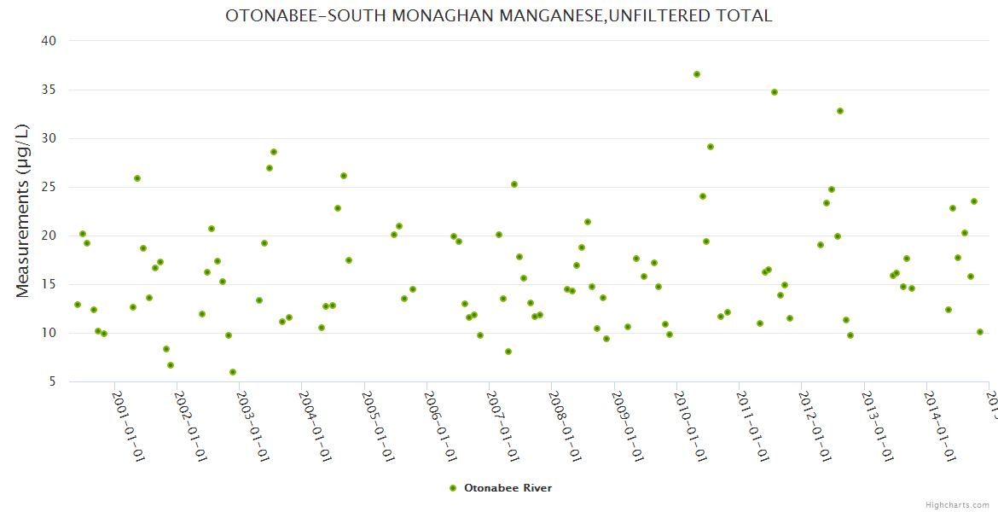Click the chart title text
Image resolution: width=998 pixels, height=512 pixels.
(499, 15)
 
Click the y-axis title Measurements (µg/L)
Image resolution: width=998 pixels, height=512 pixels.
(23, 211)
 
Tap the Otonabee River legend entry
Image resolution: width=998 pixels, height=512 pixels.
(501, 488)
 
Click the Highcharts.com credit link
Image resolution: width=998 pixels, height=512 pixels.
(957, 504)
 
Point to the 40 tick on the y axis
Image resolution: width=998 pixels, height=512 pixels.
(49, 41)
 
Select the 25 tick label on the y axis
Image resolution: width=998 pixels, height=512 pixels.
(49, 187)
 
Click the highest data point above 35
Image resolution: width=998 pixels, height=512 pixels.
(697, 74)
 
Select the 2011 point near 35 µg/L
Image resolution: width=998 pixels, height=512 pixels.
(775, 92)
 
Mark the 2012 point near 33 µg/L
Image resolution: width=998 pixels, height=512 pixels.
(840, 111)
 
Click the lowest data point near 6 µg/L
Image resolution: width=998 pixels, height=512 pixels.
(233, 372)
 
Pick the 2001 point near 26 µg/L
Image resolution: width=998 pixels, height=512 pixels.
(137, 178)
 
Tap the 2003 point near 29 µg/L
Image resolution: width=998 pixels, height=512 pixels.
(274, 152)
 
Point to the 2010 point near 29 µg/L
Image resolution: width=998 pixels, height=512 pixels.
(711, 147)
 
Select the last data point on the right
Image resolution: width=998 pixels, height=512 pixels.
(980, 332)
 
